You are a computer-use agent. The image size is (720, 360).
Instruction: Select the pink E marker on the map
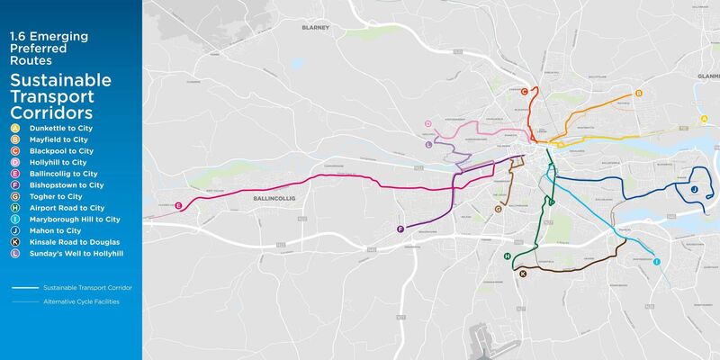pyautogui.click(x=179, y=206)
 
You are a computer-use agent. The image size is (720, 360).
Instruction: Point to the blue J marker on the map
pyautogui.click(x=694, y=189)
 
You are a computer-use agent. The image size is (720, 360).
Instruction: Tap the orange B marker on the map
pyautogui.click(x=638, y=93)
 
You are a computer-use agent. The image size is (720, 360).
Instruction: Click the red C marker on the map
pyautogui.click(x=524, y=91)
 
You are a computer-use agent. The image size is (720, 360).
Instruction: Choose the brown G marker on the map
pyautogui.click(x=498, y=209)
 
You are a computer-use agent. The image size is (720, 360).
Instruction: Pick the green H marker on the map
pyautogui.click(x=507, y=257)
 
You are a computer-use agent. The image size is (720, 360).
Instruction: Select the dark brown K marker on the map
pyautogui.click(x=523, y=273)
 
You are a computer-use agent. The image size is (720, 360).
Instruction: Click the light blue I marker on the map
pyautogui.click(x=656, y=261)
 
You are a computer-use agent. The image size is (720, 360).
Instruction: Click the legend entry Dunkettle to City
pyautogui.click(x=58, y=129)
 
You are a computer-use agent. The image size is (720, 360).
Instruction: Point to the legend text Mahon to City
pyautogui.click(x=54, y=230)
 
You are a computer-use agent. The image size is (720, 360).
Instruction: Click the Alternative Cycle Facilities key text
pyautogui.click(x=80, y=301)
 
